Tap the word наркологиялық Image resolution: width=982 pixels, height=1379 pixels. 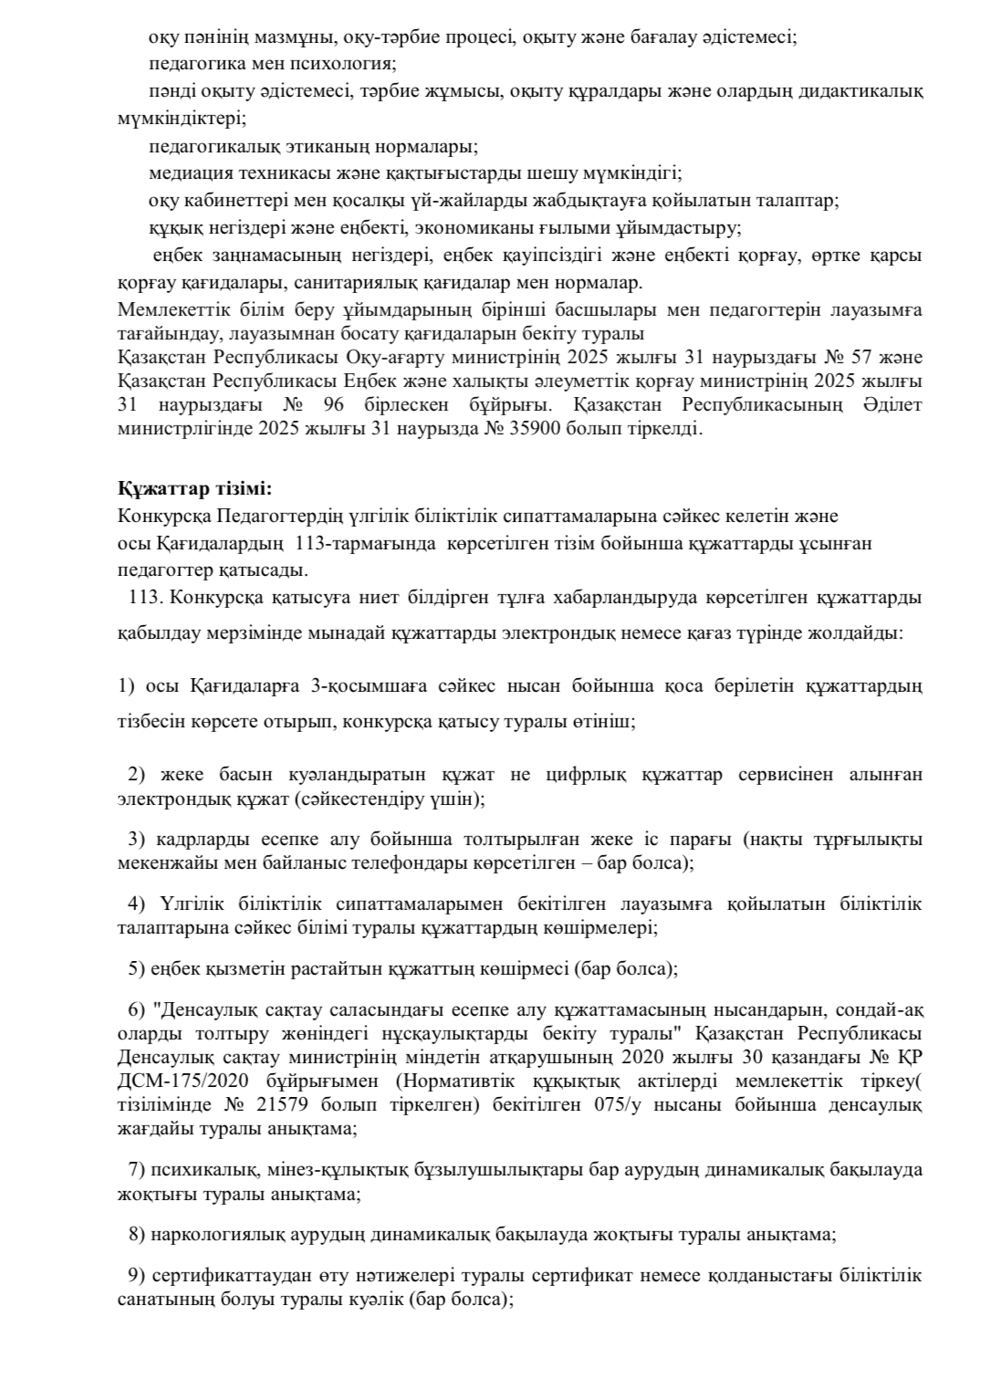[x=220, y=1235]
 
